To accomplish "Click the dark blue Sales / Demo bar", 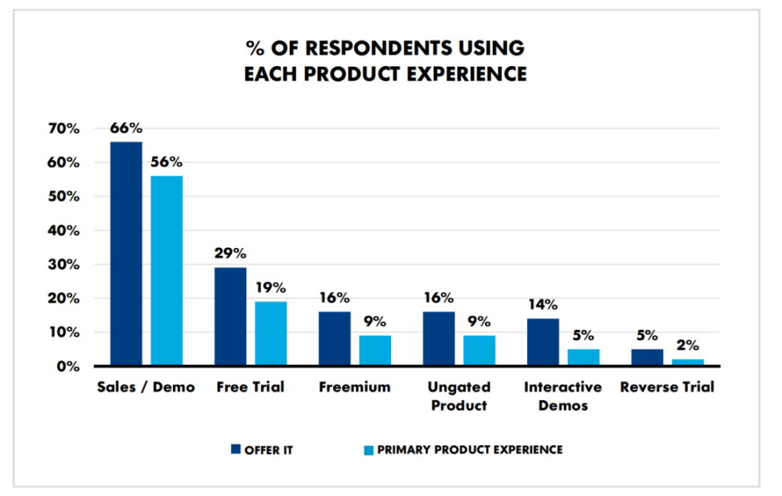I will (x=126, y=254).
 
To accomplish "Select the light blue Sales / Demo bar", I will (x=167, y=271).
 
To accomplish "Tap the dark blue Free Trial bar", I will (x=230, y=316).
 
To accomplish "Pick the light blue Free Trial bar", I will (x=270, y=333).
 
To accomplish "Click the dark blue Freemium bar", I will (x=335, y=339).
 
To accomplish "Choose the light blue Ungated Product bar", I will (x=479, y=351).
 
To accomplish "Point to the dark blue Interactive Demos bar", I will (x=543, y=342).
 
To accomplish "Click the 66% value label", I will (x=126, y=128).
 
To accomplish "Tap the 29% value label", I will (x=230, y=253).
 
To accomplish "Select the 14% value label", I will (x=543, y=304).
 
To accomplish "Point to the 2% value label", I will (x=687, y=345).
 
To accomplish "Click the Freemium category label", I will (x=355, y=387).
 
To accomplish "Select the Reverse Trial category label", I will (x=667, y=387).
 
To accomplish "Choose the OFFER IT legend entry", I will (x=260, y=449).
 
